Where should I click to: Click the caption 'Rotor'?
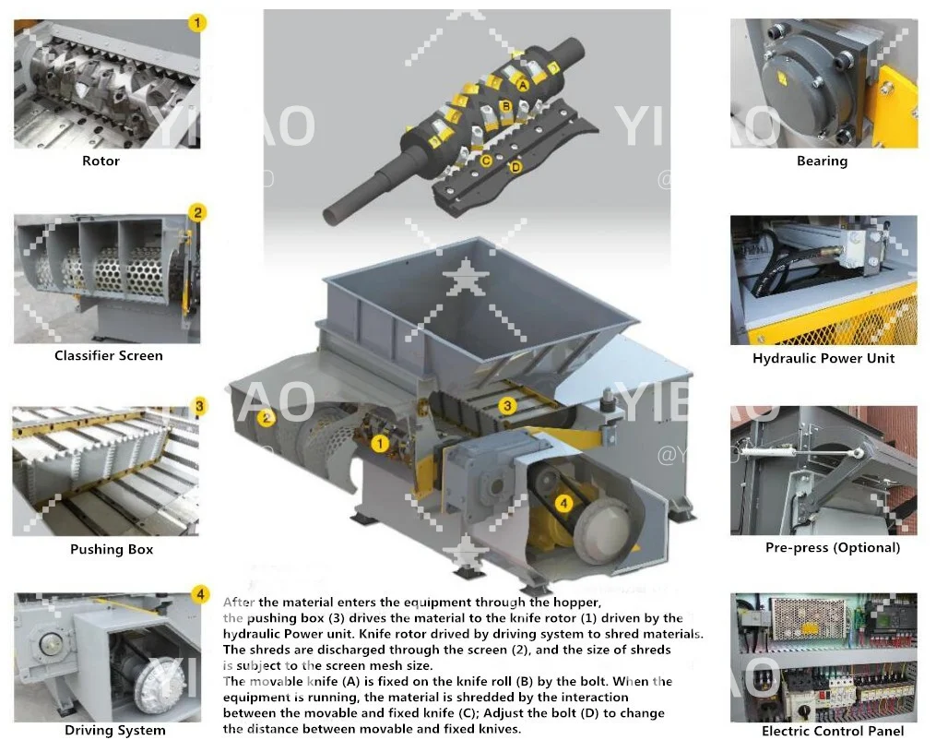101,161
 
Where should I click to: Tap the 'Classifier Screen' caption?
108,355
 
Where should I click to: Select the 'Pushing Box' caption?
112,549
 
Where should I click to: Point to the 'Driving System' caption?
115,730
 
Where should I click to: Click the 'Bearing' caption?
822,161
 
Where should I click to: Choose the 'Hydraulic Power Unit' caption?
823,358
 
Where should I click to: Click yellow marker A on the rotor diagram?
522,84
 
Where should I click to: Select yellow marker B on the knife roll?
506,106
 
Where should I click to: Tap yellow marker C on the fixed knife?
486,160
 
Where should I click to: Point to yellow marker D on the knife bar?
515,167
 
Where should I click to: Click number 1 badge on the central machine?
379,443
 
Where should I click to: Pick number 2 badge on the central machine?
267,417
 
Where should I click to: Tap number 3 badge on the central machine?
506,405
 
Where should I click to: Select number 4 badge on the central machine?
563,504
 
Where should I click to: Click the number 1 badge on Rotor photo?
196,21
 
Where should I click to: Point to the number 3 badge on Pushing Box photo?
198,405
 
